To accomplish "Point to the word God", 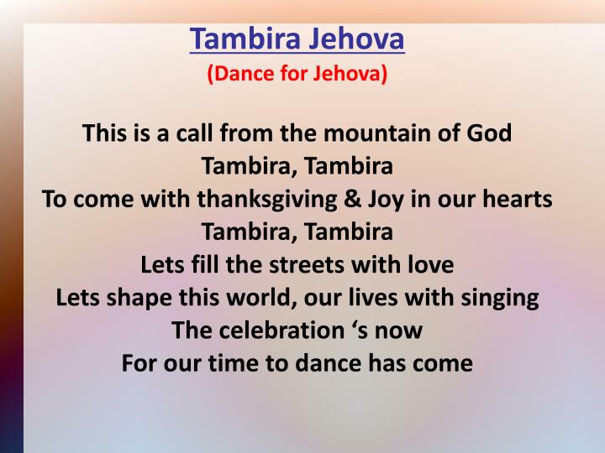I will (x=490, y=133).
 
